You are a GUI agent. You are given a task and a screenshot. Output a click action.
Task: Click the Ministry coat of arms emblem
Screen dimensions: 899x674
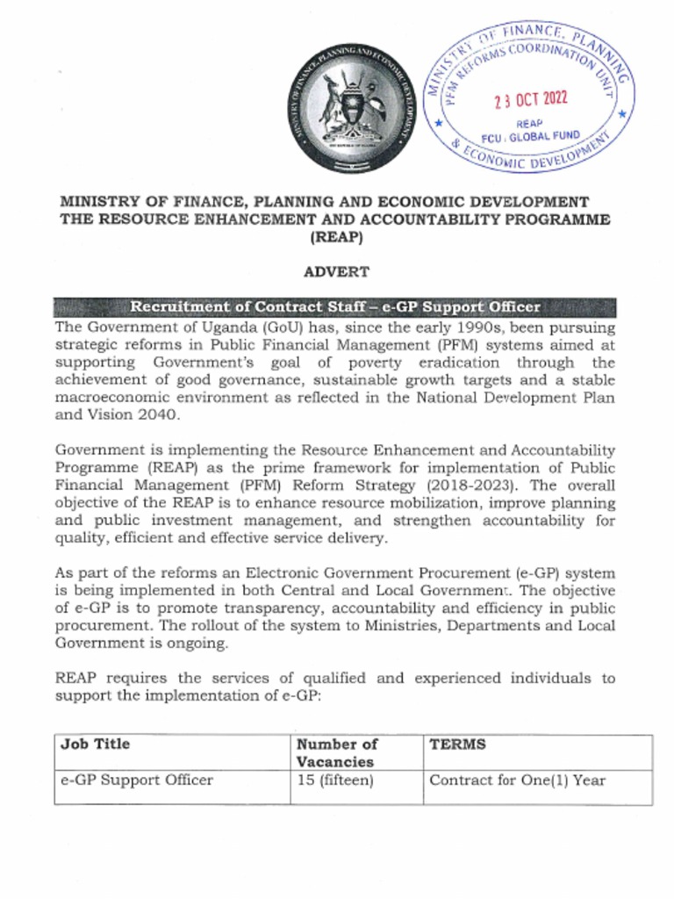(354, 110)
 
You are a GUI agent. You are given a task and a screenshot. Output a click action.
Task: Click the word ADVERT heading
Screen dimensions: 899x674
(336, 272)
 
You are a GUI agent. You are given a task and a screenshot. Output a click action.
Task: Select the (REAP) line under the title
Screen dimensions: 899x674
(336, 237)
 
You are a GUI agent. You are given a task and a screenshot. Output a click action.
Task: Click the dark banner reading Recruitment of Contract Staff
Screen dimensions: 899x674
(335, 307)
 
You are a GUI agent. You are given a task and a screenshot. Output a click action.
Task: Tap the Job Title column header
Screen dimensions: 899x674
(95, 744)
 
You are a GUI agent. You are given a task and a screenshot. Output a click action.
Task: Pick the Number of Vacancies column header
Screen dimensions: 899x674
(338, 752)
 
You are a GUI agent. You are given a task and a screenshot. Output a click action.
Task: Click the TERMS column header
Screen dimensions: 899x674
(457, 744)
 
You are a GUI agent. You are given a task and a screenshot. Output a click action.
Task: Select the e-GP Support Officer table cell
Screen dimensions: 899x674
(137, 780)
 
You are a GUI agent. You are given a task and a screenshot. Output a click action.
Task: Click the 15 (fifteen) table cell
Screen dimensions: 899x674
(335, 780)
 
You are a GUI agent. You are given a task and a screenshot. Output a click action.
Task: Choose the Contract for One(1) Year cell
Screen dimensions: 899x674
(518, 780)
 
